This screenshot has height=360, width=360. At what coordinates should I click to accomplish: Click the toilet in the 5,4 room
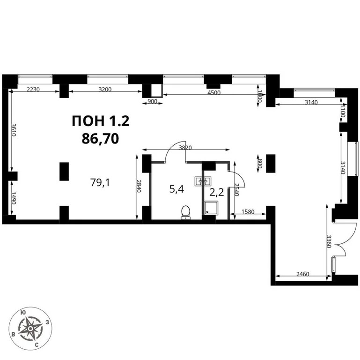click(x=186, y=212)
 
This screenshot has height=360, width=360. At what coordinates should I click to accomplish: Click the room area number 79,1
click(x=100, y=182)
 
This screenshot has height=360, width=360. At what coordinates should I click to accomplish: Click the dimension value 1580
click(x=249, y=212)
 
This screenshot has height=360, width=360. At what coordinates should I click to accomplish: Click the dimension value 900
click(x=152, y=101)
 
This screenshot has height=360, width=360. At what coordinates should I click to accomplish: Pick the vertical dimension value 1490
click(x=14, y=198)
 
